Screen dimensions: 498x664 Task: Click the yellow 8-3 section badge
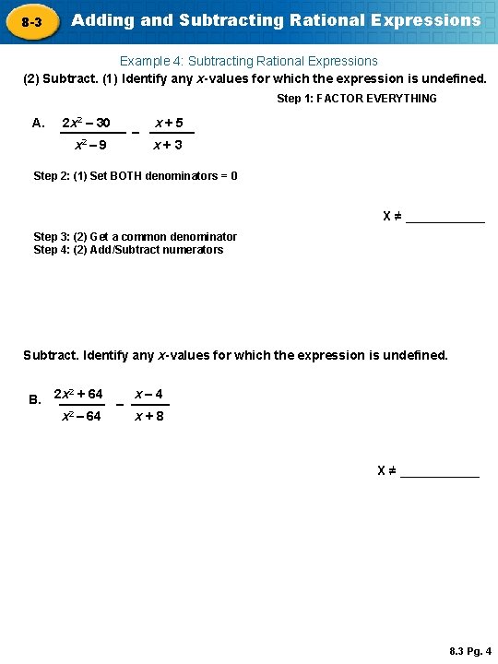pyautogui.click(x=30, y=20)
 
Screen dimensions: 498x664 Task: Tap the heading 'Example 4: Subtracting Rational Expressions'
pyautogui.click(x=249, y=61)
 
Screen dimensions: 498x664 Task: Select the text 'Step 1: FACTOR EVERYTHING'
pyautogui.click(x=357, y=99)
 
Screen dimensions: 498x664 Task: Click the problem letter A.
pyautogui.click(x=38, y=123)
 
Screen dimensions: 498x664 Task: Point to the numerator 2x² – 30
pyautogui.click(x=86, y=123)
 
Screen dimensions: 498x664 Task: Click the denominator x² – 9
pyautogui.click(x=89, y=145)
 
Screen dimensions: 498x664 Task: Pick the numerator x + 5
pyautogui.click(x=168, y=123)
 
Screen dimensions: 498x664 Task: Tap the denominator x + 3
pyautogui.click(x=168, y=145)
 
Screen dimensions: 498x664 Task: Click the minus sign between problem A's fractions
pyautogui.click(x=136, y=133)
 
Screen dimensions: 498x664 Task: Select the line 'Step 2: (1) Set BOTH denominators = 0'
pyautogui.click(x=136, y=175)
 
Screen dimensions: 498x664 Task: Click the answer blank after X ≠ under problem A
pyautogui.click(x=445, y=219)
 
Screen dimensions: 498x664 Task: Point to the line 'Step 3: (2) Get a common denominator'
pyautogui.click(x=136, y=237)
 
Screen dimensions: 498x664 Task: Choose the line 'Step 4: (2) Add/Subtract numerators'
pyautogui.click(x=128, y=250)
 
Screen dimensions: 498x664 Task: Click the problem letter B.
pyautogui.click(x=35, y=400)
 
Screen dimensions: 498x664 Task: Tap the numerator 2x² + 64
pyautogui.click(x=78, y=395)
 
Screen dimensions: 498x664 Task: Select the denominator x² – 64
pyautogui.click(x=81, y=417)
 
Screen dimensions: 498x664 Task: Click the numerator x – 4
pyautogui.click(x=148, y=395)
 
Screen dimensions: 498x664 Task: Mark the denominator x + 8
pyautogui.click(x=148, y=417)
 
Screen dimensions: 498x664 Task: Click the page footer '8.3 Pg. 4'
pyautogui.click(x=470, y=651)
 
